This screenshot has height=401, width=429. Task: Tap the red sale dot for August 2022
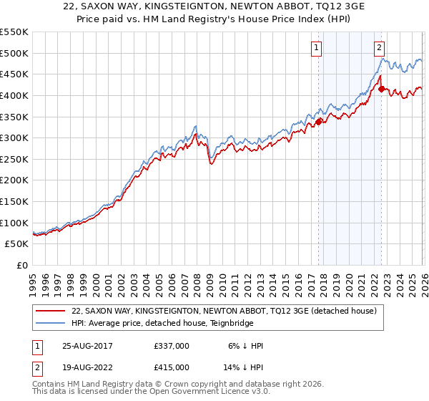[x=381, y=89]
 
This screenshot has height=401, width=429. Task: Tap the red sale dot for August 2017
[x=319, y=122]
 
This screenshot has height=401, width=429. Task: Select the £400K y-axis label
[x=14, y=95]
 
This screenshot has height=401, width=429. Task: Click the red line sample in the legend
[x=51, y=310]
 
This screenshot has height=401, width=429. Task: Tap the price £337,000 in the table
[x=172, y=345]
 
